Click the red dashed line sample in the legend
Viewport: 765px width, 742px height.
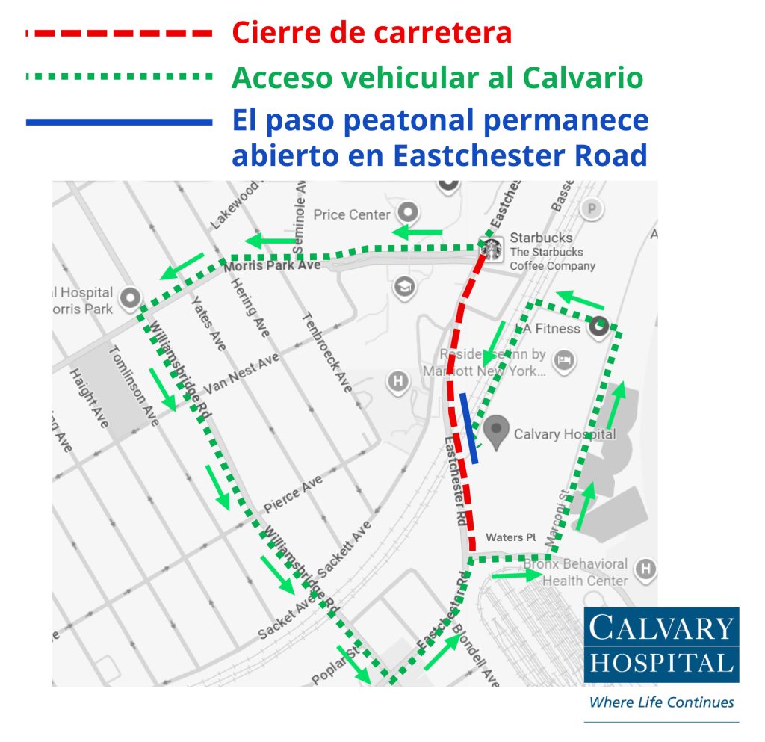[x=120, y=34]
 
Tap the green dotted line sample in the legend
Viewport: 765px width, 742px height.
[x=120, y=76]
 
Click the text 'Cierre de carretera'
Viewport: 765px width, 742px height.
[x=372, y=33]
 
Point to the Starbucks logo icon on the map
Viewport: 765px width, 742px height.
[x=491, y=249]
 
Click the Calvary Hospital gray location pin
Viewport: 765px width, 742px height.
[x=496, y=431]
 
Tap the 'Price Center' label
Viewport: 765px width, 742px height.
[x=351, y=215]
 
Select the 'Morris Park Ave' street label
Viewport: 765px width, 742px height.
[x=272, y=265]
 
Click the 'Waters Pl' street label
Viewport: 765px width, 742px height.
[x=511, y=537]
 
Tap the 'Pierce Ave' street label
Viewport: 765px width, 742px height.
[x=293, y=489]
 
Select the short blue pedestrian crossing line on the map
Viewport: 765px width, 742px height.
[x=469, y=428]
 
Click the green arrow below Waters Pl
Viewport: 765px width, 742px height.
[x=516, y=575]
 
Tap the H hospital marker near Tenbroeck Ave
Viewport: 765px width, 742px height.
[x=398, y=382]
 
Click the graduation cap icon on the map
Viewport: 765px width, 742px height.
[x=404, y=287]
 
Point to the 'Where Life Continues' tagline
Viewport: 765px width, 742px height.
[x=661, y=702]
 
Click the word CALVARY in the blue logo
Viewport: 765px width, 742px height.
[x=661, y=628]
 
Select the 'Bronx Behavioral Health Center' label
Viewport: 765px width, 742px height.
[x=585, y=572]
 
